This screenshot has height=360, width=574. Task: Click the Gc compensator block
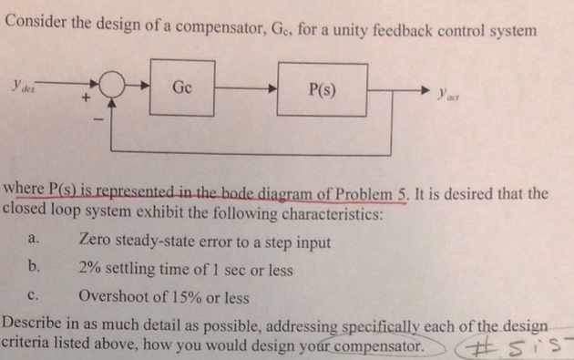pyautogui.click(x=181, y=87)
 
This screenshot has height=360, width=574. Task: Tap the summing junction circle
pyautogui.click(x=113, y=88)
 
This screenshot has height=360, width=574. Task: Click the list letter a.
pyautogui.click(x=33, y=243)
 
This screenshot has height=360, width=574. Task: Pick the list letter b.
pyautogui.click(x=34, y=269)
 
